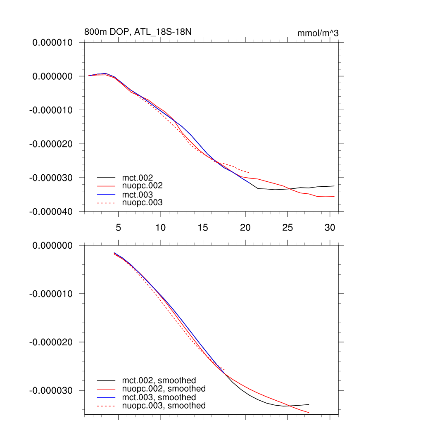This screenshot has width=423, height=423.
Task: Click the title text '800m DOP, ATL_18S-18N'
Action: (x=138, y=32)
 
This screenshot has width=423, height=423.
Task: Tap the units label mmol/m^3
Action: (x=318, y=33)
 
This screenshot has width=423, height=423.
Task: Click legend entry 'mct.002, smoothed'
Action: (x=159, y=380)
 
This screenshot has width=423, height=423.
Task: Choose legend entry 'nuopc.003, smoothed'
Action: (x=164, y=406)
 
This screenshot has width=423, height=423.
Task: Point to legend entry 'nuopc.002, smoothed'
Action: (x=164, y=389)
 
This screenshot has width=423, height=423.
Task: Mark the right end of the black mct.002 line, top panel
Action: (x=334, y=186)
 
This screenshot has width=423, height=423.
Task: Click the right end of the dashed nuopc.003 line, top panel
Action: (x=249, y=172)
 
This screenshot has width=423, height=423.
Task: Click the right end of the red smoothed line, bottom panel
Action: (x=309, y=412)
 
